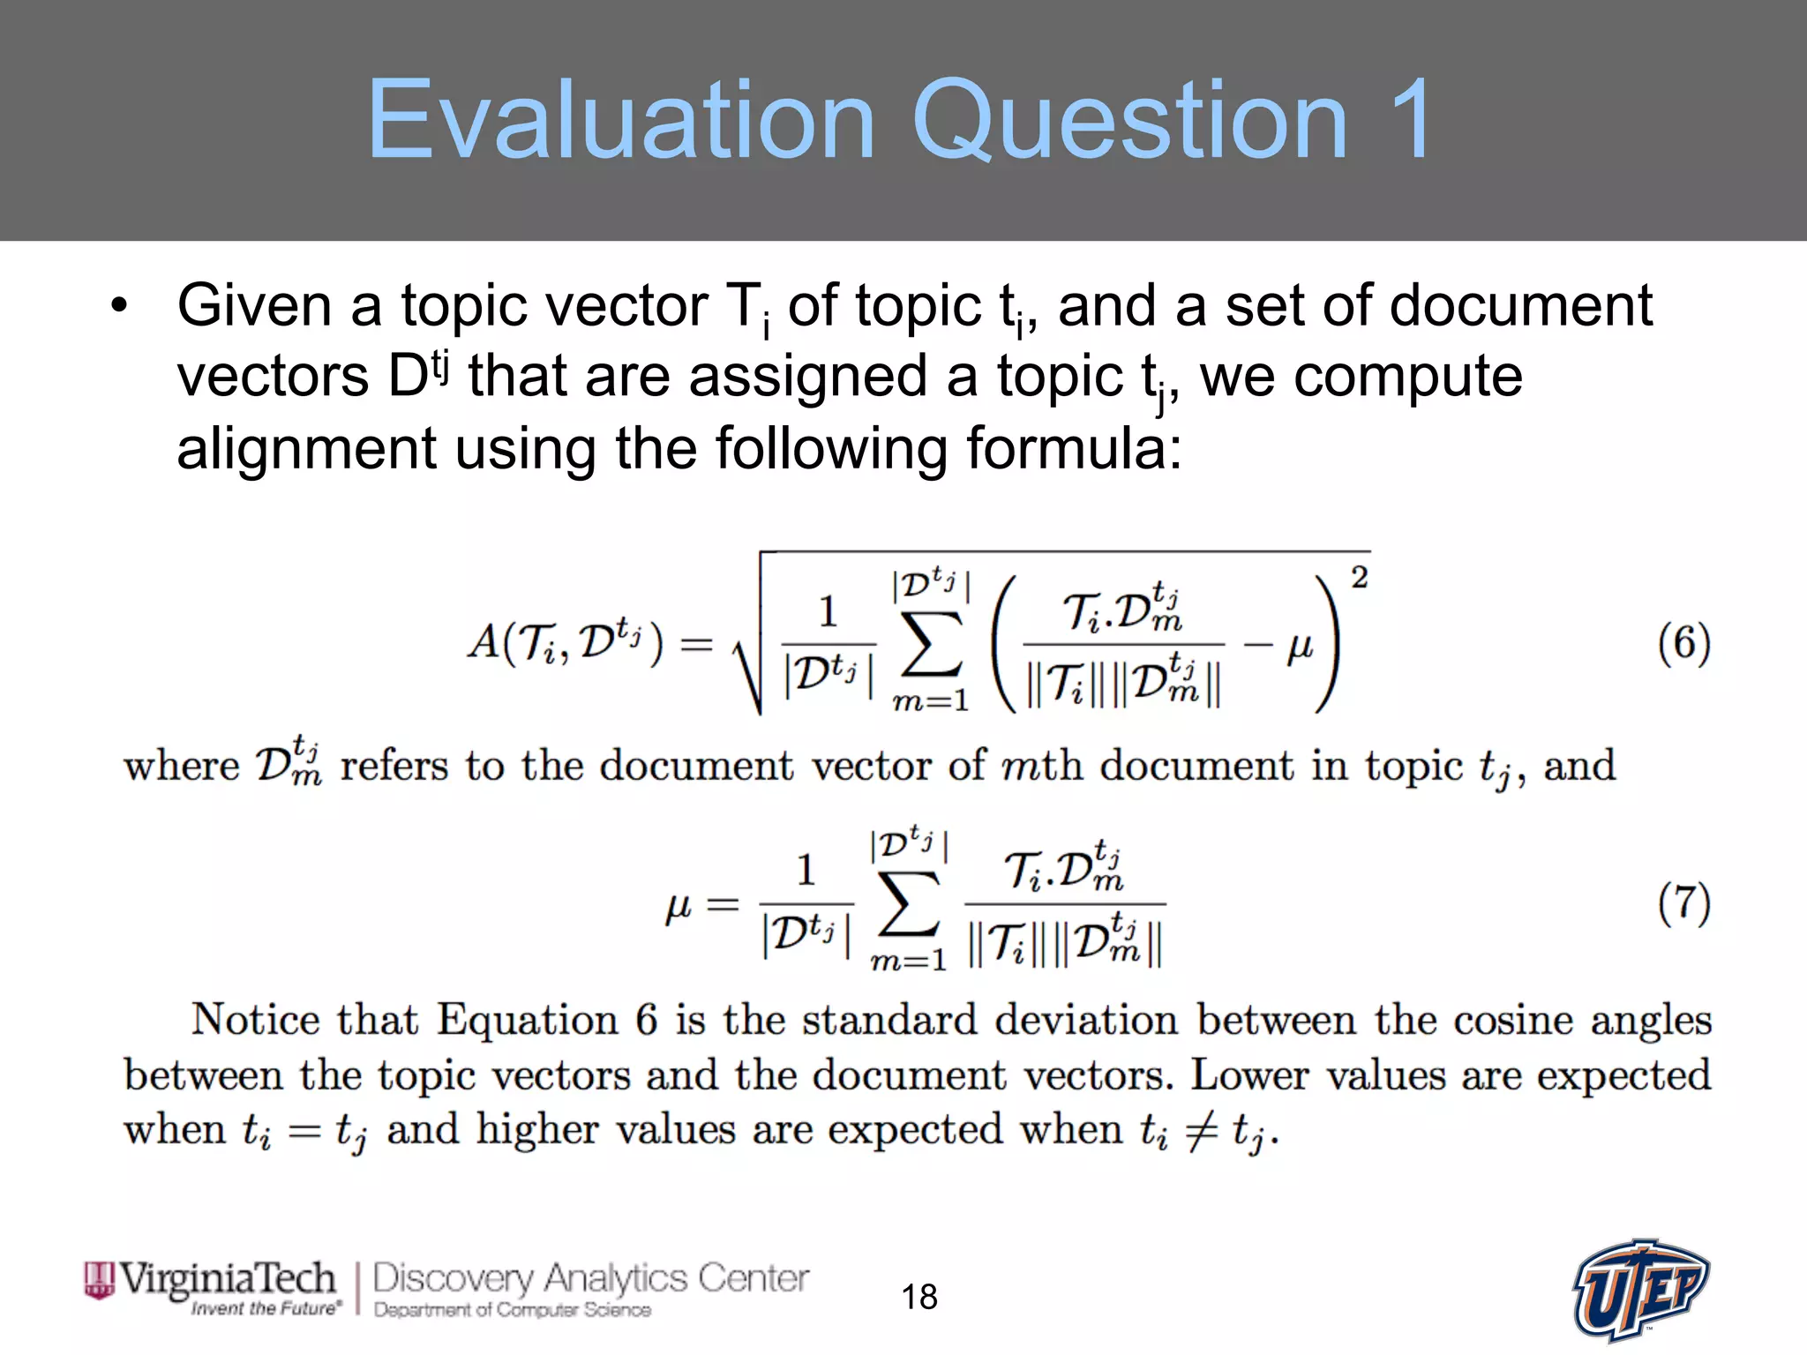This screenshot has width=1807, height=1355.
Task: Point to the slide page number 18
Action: click(x=918, y=1297)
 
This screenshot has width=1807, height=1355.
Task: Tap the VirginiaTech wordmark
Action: click(x=227, y=1278)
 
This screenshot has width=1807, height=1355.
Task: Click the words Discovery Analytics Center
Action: click(x=590, y=1278)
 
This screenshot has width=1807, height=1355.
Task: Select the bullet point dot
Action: click(x=119, y=306)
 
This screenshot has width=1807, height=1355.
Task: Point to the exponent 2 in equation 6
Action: click(x=1359, y=578)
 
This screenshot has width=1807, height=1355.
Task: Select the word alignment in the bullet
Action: click(x=305, y=448)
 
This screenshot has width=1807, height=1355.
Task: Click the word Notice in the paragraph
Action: click(x=256, y=1020)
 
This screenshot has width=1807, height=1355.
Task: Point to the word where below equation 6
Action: click(x=181, y=765)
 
